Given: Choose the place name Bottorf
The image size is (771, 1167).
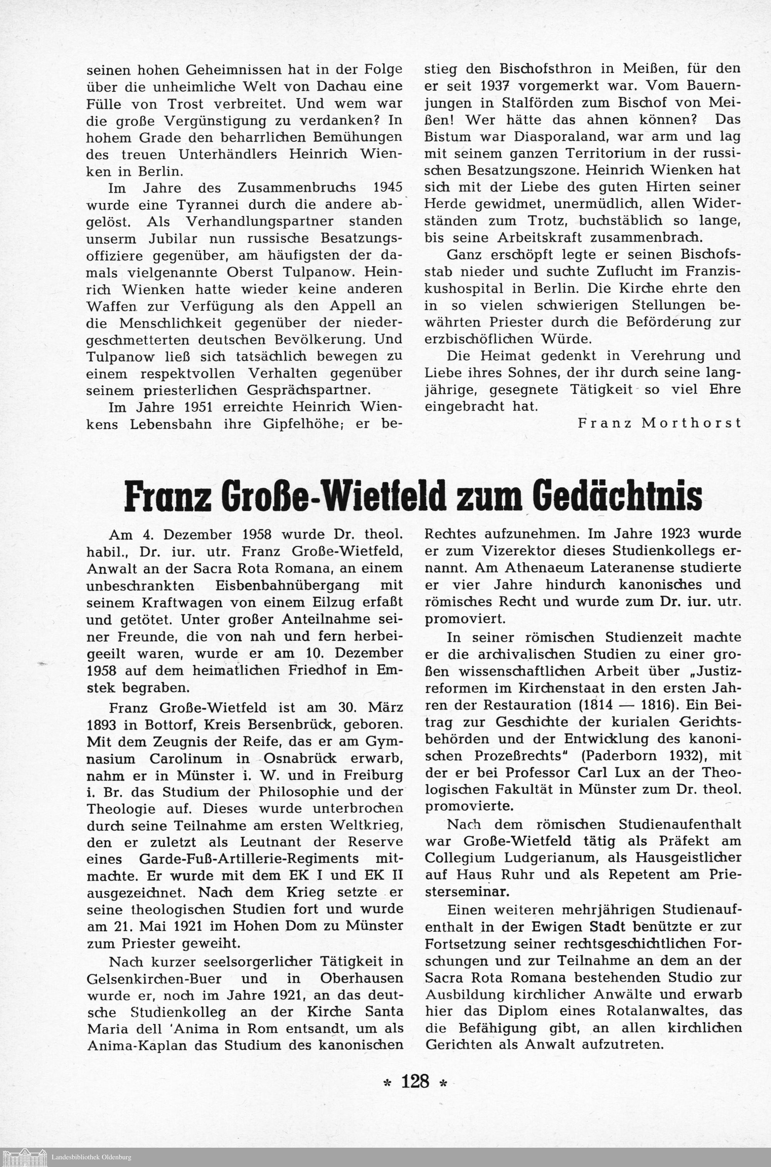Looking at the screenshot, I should point(170,725).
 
